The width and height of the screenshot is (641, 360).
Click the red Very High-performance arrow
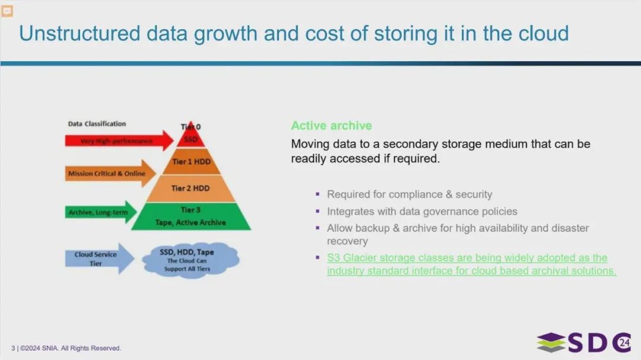pyautogui.click(x=119, y=141)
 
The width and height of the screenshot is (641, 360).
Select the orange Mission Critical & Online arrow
pyautogui.click(x=110, y=173)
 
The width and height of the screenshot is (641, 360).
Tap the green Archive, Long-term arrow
pyautogui.click(x=101, y=212)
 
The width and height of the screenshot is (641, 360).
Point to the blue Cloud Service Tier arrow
pyautogui.click(x=99, y=259)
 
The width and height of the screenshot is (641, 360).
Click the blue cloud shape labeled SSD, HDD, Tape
pyautogui.click(x=190, y=260)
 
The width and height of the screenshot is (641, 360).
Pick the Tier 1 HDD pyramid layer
pyautogui.click(x=191, y=162)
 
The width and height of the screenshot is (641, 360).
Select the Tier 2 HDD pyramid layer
pyautogui.click(x=191, y=189)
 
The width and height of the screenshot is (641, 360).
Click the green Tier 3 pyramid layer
pyautogui.click(x=191, y=216)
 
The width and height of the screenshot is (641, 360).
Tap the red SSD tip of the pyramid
pyautogui.click(x=191, y=137)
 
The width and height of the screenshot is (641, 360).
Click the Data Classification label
pyautogui.click(x=97, y=124)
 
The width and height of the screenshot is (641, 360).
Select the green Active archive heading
pyautogui.click(x=332, y=126)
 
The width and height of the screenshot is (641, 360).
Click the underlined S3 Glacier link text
pyautogui.click(x=471, y=264)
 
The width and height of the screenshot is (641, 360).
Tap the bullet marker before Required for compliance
pyautogui.click(x=318, y=194)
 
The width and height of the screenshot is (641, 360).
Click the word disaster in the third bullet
pyautogui.click(x=570, y=228)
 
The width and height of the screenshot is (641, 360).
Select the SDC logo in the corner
pyautogui.click(x=584, y=342)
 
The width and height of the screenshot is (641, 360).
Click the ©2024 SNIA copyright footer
pyautogui.click(x=66, y=348)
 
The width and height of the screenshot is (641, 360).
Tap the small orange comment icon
pyautogui.click(x=7, y=11)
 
